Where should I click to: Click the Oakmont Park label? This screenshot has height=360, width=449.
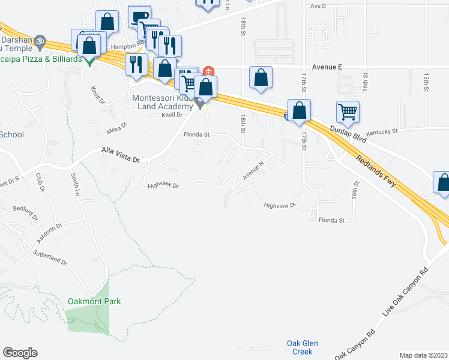coord(94,301)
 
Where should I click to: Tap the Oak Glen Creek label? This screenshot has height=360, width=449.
coord(302,347)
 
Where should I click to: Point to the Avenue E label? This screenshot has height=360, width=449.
coord(327,67)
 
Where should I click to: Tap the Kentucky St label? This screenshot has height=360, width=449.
coord(382,131)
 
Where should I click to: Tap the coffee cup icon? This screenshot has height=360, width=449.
coord(139,16)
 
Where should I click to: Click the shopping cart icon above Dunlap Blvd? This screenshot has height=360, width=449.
coord(348,112)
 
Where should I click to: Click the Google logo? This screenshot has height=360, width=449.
coord(20,353)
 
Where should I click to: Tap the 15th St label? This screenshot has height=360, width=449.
coord(426,83)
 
